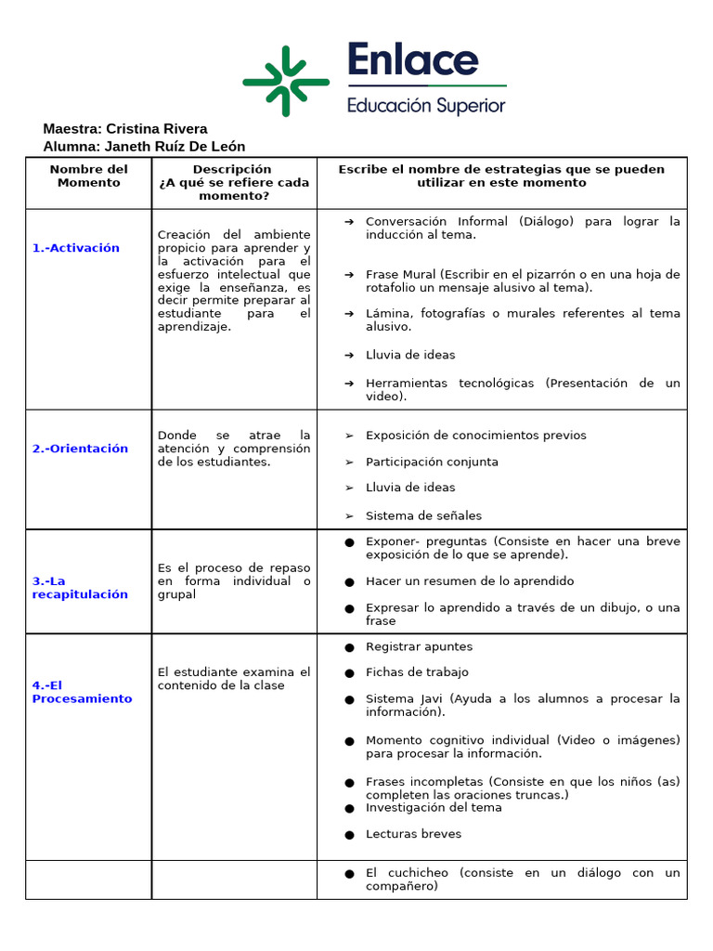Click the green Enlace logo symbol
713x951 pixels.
[286, 81]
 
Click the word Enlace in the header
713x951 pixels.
[413, 61]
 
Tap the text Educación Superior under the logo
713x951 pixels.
[426, 105]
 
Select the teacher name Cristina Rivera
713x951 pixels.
[156, 129]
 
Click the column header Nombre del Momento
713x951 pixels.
[89, 176]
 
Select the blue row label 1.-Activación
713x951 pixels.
[76, 248]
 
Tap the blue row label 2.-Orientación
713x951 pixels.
[80, 449]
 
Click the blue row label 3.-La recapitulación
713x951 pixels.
[80, 588]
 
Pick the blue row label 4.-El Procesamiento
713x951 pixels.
[82, 692]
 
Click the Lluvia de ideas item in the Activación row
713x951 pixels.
[410, 355]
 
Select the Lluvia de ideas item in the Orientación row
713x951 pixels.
[410, 488]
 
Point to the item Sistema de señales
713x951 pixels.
[423, 515]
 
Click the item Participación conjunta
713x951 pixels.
[432, 462]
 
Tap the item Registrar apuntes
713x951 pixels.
[419, 646]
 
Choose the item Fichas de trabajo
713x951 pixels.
[417, 672]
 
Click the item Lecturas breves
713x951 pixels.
[413, 834]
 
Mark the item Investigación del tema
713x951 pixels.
[434, 808]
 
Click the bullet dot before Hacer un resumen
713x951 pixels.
[349, 582]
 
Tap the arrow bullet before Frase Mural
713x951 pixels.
[349, 275]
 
